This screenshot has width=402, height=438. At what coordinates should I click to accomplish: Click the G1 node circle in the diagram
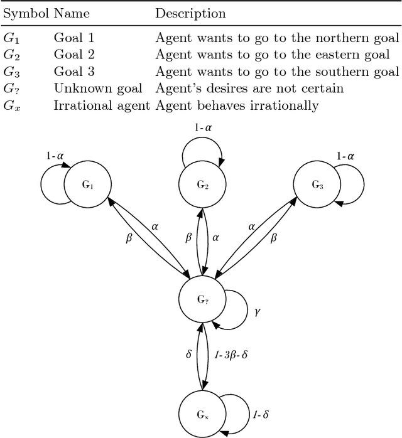[87, 184]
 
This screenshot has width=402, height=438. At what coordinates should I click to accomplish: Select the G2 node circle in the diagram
[202, 184]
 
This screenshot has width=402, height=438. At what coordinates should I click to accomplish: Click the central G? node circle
[202, 299]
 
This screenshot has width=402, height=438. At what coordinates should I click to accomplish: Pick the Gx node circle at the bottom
[202, 414]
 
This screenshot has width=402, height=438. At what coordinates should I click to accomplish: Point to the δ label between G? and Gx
[188, 354]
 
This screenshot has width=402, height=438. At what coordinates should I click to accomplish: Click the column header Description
[190, 13]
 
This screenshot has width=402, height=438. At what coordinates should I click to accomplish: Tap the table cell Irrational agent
[102, 105]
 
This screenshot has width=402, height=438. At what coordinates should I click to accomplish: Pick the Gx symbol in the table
[11, 106]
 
